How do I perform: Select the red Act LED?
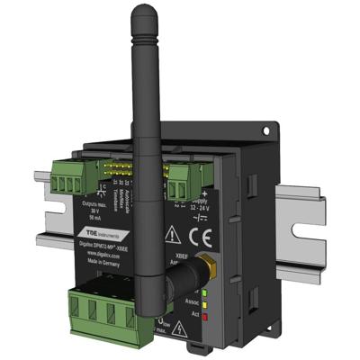206,316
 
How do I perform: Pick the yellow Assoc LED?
206,302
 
